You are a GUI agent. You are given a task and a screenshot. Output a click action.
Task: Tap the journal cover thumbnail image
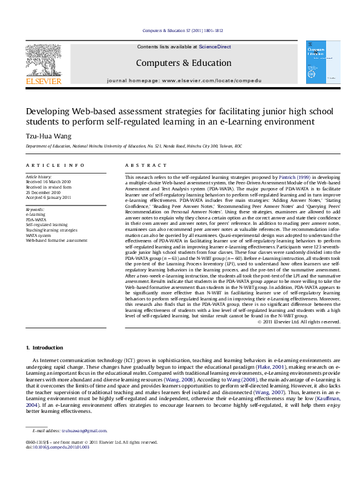pos(319,62)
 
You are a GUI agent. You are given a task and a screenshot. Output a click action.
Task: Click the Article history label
pos(38,177)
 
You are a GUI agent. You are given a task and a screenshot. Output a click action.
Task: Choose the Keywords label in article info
pos(35,209)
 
